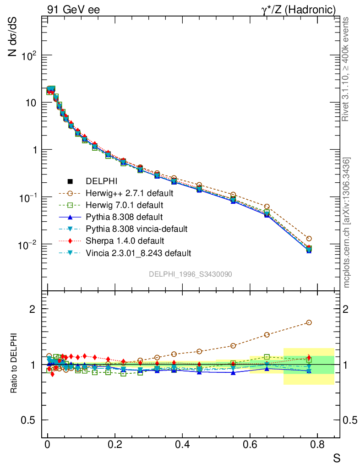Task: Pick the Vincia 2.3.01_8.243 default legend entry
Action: click(x=138, y=252)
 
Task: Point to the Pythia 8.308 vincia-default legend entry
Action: click(x=136, y=229)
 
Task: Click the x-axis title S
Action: click(x=336, y=458)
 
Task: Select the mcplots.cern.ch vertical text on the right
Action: click(x=347, y=223)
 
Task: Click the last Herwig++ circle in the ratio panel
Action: click(x=309, y=322)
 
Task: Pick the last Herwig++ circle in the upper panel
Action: click(x=309, y=239)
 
